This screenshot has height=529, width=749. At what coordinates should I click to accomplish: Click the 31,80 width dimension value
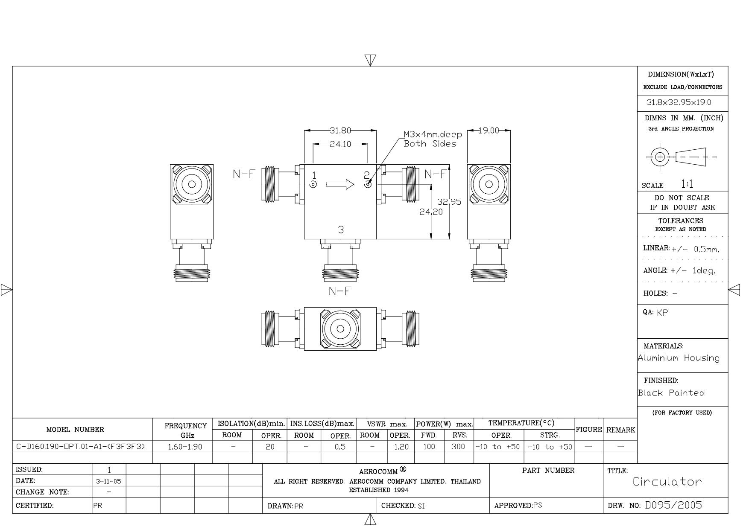pos(340,131)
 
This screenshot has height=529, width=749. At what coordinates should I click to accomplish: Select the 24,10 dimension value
pos(340,144)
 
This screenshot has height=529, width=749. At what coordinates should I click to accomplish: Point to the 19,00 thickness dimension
pos(489,131)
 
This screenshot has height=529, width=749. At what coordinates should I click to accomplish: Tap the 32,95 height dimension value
pos(449,202)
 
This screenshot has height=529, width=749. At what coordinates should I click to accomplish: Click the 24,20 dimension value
pos(431,212)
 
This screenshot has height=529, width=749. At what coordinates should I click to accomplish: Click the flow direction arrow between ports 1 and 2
pos(340,184)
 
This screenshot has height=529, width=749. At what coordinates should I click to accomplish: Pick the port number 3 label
pos(341,230)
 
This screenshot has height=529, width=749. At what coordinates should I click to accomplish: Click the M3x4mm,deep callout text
pos(433,134)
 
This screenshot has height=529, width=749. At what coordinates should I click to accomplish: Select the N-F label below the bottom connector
pos(340,291)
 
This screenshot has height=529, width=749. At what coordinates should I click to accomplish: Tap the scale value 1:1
pos(687,184)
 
